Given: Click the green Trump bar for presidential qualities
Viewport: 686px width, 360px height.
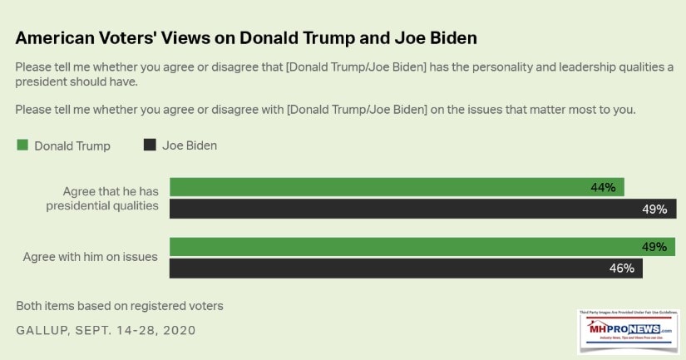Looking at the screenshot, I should point(397,187).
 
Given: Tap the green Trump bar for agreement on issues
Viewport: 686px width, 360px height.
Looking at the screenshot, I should point(422,247).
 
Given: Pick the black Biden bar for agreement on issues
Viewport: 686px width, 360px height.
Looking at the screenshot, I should point(406,269).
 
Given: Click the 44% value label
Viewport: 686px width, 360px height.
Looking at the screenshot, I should point(603,188).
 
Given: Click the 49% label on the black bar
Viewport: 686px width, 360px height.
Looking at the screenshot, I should point(654,210).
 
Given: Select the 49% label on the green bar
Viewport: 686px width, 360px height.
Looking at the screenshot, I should point(654,247).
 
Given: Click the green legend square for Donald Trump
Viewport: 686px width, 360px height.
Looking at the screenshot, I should point(22,145).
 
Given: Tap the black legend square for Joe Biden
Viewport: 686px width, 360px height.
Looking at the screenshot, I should point(150,145).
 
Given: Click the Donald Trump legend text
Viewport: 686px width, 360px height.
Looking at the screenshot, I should point(72,145).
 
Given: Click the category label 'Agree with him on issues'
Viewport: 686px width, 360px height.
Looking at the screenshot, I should point(90,257).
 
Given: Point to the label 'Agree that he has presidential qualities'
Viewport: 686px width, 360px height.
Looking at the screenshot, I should point(102,198).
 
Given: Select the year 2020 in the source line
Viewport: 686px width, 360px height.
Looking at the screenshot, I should point(178,330).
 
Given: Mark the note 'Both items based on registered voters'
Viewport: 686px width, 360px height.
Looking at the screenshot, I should point(120,305).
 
